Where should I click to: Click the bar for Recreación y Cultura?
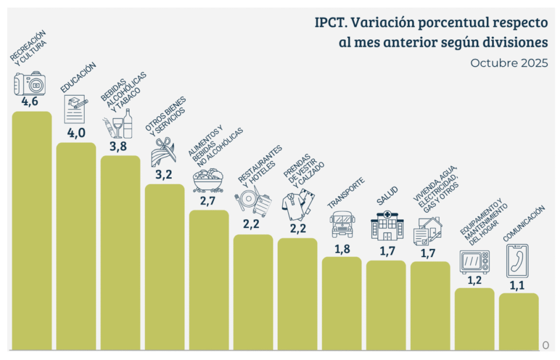point(32,230)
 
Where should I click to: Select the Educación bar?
point(76,246)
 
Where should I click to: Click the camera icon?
point(30,84)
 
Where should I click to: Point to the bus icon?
point(342,224)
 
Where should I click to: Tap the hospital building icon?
point(387,225)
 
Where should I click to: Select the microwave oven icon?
point(475,262)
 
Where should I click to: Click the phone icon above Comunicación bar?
point(518,261)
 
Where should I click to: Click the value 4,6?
point(30,102)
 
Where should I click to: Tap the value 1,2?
point(474,280)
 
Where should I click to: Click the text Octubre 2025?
point(509,62)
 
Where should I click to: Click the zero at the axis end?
point(545,345)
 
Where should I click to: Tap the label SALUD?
point(387,194)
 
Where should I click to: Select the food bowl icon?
point(208,180)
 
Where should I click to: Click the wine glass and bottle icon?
point(119,123)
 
